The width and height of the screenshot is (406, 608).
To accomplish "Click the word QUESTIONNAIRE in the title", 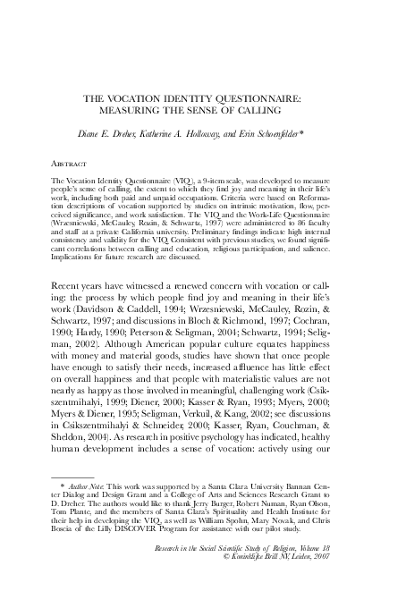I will [x=251, y=98].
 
